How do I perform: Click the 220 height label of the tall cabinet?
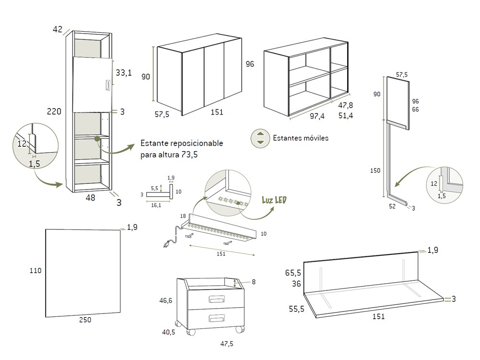(54, 111)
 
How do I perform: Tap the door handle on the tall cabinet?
(107, 85)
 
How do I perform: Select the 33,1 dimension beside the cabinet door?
(123, 73)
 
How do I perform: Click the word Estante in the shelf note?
(154, 144)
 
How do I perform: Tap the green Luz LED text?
(274, 199)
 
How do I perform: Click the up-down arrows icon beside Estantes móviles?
(260, 138)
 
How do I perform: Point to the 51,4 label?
(345, 115)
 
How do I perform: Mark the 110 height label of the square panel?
(36, 271)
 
